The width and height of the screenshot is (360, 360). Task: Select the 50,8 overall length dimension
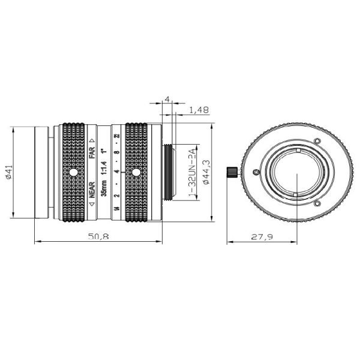[x=98, y=238]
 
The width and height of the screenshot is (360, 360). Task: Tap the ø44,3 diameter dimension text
[x=206, y=172]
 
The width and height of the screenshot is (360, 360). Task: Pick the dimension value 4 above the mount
[x=167, y=98]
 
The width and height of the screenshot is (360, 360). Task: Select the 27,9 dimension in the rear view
[x=262, y=238]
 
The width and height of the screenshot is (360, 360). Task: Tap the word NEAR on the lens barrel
[x=92, y=190]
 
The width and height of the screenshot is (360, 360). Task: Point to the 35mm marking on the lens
[x=104, y=188]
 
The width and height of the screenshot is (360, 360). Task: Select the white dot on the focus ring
[x=73, y=173]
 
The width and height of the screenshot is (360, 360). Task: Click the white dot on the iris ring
[x=136, y=173]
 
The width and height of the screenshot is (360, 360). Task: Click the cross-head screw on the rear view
[x=256, y=173]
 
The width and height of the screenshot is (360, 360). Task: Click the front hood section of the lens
[x=42, y=173]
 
